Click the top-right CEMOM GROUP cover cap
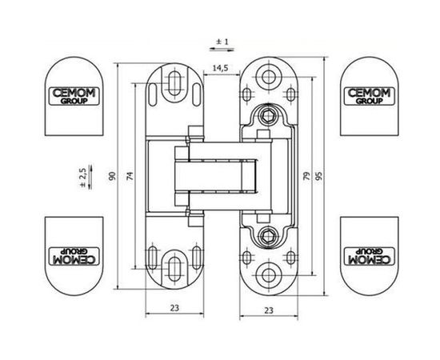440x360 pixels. pyautogui.click(x=366, y=94)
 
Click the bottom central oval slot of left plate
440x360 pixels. pyautogui.click(x=172, y=268)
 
